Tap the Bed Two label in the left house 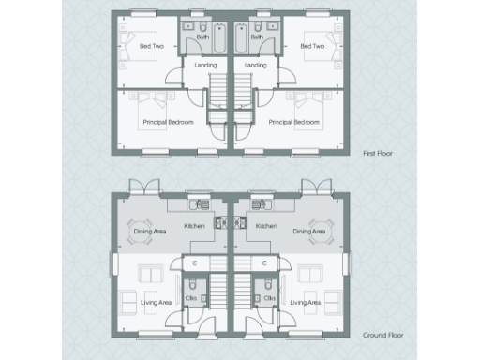(x=151, y=46)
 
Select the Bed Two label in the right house (x=312, y=46)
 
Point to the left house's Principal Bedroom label (x=168, y=123)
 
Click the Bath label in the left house (x=202, y=37)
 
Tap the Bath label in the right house (x=256, y=37)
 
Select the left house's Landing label (x=205, y=66)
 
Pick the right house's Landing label (x=255, y=66)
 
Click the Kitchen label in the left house (x=194, y=226)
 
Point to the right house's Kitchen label (x=267, y=226)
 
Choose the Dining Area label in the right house (x=308, y=232)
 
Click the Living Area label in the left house (x=157, y=302)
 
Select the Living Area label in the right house (x=305, y=302)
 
